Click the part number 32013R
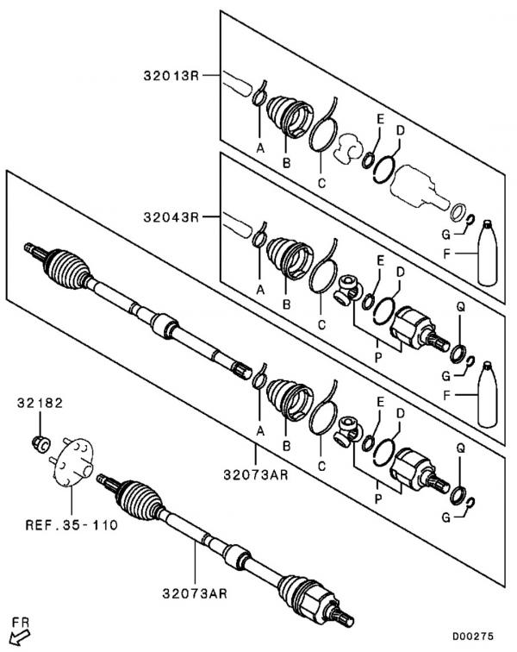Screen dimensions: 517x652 pos(171,76)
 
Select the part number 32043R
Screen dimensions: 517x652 pos(171,217)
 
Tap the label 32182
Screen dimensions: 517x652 pos(40,403)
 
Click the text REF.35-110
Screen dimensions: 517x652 pos(72,524)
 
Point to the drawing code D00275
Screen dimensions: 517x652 pos(473,636)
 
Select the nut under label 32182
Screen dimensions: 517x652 pos(41,443)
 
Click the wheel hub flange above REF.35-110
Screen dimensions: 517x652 pos(73,461)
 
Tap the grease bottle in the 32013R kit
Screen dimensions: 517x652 pos(487,253)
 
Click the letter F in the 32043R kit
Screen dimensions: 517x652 pos(446,395)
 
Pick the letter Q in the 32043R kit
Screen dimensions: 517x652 pos(460,307)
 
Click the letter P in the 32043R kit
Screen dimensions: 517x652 pos(377,357)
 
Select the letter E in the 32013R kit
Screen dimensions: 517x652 pos(380,119)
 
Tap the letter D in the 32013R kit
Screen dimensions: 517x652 pos(400,130)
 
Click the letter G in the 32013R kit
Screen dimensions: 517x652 pos(446,235)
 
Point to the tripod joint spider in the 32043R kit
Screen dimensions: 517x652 pos(348,290)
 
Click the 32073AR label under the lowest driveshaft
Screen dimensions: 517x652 pos(195,593)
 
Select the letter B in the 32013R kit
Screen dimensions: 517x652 pos(286,163)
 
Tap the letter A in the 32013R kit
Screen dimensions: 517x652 pos(260,147)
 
